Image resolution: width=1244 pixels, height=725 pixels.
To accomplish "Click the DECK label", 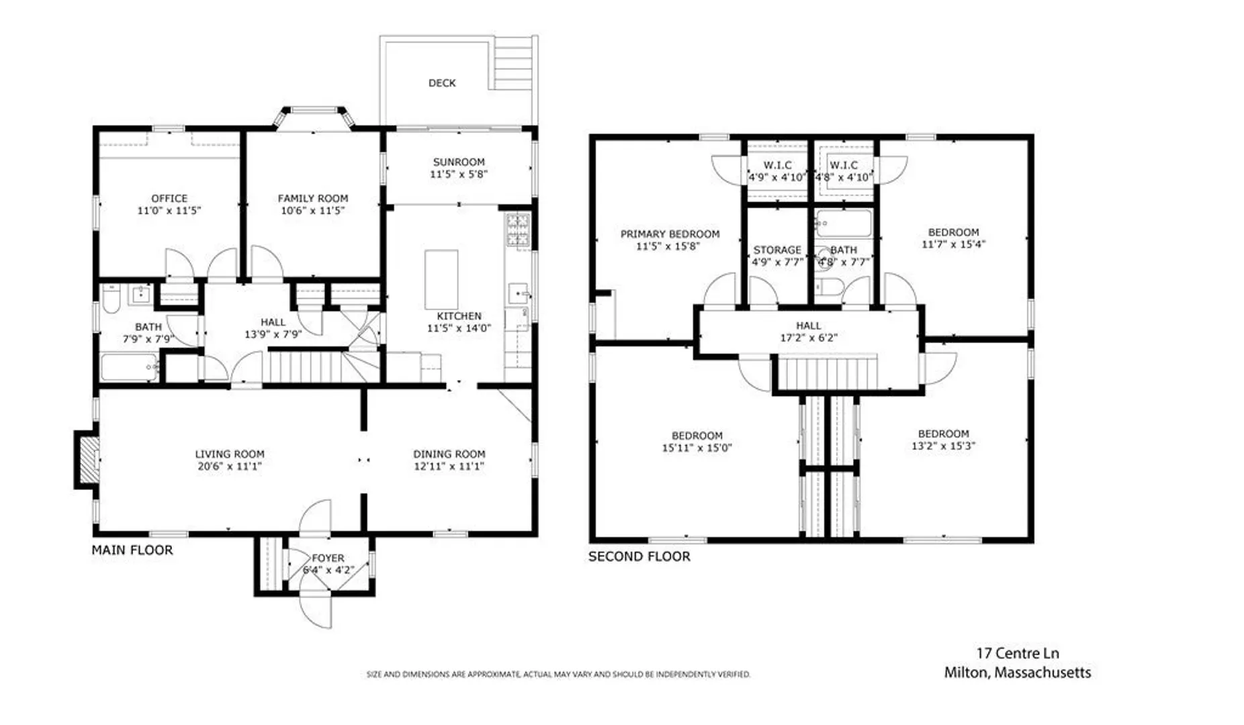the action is tap(442, 83).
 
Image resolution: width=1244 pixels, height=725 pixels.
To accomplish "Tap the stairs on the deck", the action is tap(515, 62).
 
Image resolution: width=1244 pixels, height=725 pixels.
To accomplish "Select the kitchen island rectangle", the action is tap(441, 280).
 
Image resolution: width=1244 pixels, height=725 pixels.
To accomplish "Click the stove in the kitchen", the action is tap(518, 231).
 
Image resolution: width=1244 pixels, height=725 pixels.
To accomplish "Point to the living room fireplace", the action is tap(87, 460).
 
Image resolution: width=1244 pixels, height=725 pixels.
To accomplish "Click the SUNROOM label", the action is tap(459, 162).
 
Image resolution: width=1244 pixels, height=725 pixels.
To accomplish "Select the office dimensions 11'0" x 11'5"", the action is tap(169, 211).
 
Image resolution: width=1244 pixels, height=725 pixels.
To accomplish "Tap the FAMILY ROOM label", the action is tap(313, 199).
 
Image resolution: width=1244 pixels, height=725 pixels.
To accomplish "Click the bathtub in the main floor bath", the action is tap(130, 367).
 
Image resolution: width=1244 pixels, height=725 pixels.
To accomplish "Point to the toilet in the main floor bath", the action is tap(111, 299).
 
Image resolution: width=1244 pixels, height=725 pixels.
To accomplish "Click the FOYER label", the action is tap(328, 559).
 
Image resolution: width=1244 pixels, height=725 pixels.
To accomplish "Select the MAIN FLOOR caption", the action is tap(132, 550).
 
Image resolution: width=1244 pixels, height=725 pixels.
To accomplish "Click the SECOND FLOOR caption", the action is tap(639, 557).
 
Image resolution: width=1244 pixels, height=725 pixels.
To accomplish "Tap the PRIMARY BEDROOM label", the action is tap(670, 234).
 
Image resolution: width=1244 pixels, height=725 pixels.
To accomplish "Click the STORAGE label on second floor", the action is tap(777, 250).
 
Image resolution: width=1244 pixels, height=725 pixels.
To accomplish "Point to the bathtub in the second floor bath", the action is tap(844, 224).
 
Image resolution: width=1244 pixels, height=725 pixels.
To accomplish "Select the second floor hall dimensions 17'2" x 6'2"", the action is tap(809, 338).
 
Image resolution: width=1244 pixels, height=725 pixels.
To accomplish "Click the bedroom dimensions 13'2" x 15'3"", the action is tap(944, 446).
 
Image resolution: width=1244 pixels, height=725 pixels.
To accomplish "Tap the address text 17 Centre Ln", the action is tap(1018, 653).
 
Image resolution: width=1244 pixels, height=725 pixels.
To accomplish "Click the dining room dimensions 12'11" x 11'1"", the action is tap(449, 466).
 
